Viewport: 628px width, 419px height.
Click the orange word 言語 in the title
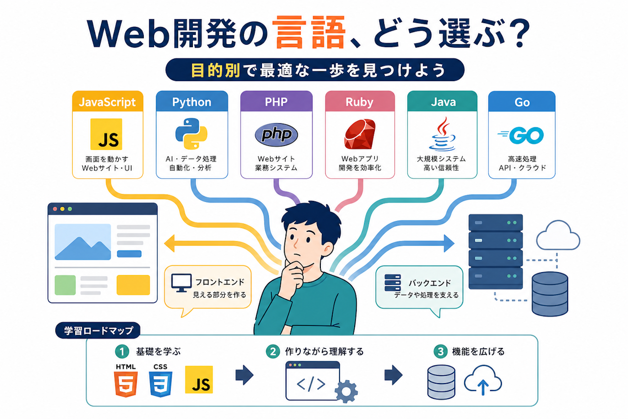coord(310,32)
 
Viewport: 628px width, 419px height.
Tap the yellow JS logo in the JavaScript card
coord(106,134)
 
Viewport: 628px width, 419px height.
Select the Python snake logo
coord(191,134)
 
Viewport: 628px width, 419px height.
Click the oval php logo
coord(276,135)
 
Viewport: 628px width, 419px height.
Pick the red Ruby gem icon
coord(360,134)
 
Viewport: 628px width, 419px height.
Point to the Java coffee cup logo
coord(442,134)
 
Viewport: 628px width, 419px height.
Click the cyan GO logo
coord(521,135)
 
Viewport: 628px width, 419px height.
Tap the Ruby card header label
coord(360,102)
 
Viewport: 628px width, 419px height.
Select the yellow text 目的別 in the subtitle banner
coord(215,70)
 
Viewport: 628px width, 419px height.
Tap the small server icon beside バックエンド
coord(392,282)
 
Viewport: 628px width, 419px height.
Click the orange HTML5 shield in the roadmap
coord(126,384)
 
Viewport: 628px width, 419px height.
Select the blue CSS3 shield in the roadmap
coord(160,384)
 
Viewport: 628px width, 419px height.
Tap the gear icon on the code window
coord(346,391)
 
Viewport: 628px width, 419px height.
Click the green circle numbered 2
coord(273,351)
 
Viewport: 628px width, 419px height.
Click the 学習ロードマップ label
coord(98,330)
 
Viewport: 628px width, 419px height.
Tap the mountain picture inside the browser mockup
coord(83,242)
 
